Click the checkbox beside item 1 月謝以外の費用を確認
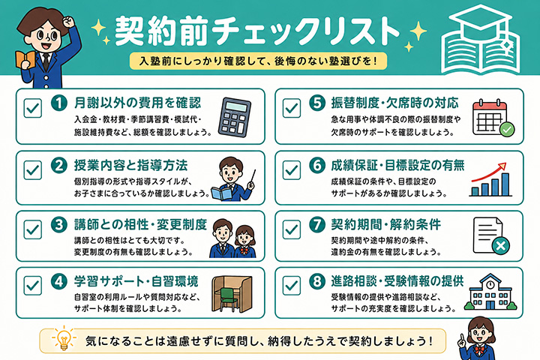coord(33,108)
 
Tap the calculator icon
coord(235,117)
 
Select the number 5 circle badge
coord(317,103)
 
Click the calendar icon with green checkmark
coord(493,118)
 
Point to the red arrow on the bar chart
coord(489,172)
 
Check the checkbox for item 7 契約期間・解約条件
coord(292,229)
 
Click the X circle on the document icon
coord(501,246)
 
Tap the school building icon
coord(490,292)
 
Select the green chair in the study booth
coord(229,298)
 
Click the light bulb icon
coord(64,339)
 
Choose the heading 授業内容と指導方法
coord(130,165)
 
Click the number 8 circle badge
coord(317,281)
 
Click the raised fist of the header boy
coord(69,22)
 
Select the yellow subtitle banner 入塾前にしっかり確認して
coord(258,61)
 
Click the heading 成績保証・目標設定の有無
coord(397,165)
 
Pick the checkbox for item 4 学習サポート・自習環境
coord(33,286)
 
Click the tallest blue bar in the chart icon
coord(505,184)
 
